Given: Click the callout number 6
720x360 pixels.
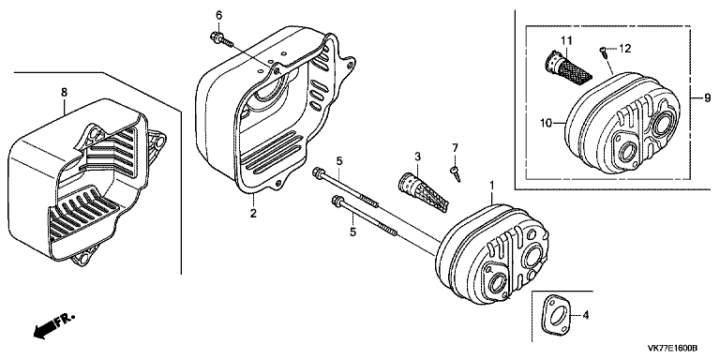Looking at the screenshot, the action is click(219, 15).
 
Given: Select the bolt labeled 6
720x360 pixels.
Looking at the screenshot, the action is click(221, 39).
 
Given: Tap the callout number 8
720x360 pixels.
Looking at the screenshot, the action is click(64, 92).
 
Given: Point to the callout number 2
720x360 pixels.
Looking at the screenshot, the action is click(253, 213).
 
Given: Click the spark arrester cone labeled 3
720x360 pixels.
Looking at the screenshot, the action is click(423, 192).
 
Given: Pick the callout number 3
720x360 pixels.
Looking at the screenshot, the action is click(417, 157).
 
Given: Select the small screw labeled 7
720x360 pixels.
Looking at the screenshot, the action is click(455, 174).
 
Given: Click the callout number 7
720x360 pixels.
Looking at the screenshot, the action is click(455, 148).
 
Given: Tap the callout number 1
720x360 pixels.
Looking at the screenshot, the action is click(492, 186).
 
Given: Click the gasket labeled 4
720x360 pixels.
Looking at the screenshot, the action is click(555, 317).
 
